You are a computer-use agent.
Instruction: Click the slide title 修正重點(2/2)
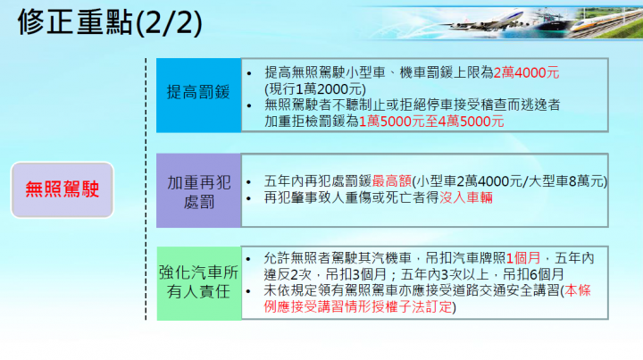tap(105, 22)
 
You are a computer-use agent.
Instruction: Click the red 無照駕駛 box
tap(63, 188)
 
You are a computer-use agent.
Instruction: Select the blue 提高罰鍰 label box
tap(199, 92)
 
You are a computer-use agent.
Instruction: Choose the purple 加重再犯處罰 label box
tap(199, 189)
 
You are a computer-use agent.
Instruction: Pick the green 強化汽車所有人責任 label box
tap(199, 282)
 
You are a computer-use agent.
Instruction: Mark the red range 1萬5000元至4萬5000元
tap(431, 121)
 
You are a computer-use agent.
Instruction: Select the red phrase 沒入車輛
tap(466, 197)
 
